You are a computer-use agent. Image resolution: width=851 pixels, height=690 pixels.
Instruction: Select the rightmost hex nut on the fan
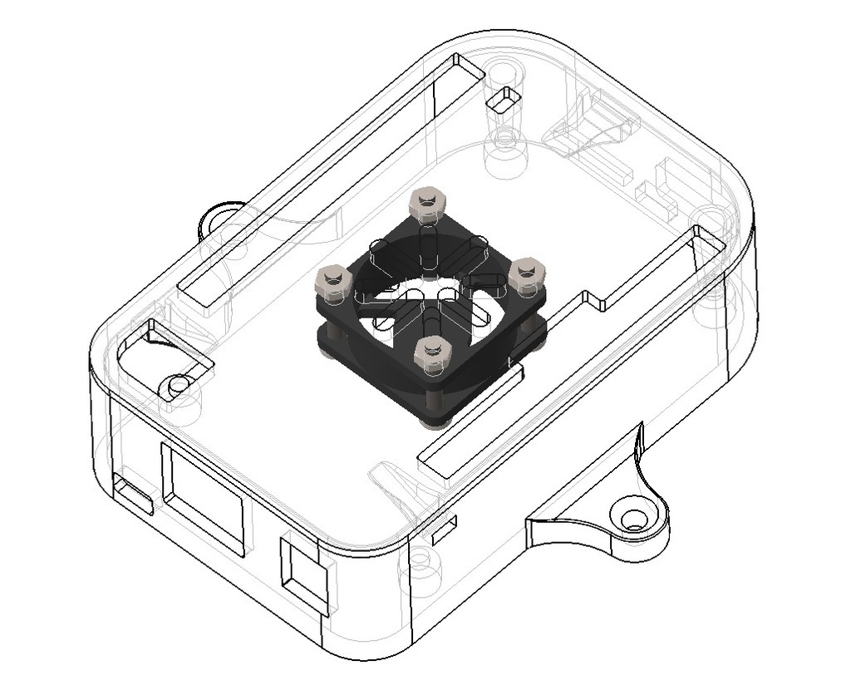point(527,274)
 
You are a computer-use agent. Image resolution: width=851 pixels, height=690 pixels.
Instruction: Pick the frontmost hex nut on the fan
point(432,355)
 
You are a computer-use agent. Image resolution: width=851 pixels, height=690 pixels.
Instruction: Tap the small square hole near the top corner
point(504,101)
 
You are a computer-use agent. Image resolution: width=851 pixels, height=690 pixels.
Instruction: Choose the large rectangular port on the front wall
point(204,499)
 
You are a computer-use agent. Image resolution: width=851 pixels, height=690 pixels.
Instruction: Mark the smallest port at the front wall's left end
point(133,495)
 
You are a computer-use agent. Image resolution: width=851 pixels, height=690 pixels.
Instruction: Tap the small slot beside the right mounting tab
point(442,529)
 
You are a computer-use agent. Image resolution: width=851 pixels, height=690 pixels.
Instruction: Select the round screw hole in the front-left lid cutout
point(177,386)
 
